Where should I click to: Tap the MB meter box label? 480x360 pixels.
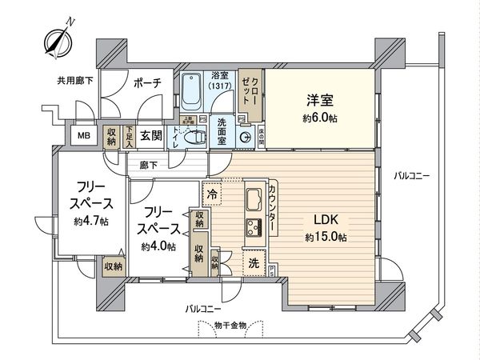(x=83, y=137)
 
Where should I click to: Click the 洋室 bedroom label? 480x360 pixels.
(x=319, y=102)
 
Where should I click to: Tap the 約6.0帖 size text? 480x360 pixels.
(x=319, y=118)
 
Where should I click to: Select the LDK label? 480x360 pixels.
(x=325, y=218)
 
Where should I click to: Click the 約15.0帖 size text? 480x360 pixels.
(x=325, y=237)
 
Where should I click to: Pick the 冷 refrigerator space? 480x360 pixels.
(x=213, y=193)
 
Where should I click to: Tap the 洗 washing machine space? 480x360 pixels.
(x=252, y=262)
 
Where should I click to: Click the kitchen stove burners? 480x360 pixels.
(x=255, y=227)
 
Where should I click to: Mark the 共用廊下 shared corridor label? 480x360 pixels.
(x=74, y=80)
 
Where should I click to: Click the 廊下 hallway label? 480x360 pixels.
(x=149, y=166)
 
